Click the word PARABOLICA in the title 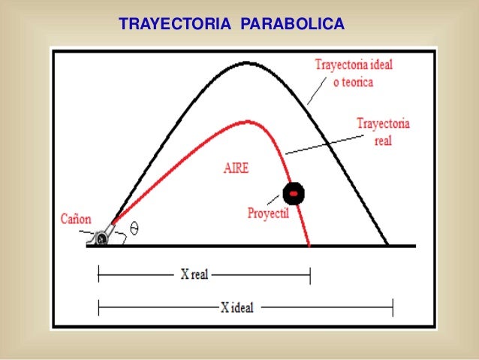[x=292, y=25]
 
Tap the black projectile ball [x=294, y=192]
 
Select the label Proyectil [x=269, y=213]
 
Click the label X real [x=194, y=275]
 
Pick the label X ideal [x=237, y=307]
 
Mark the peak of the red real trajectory [x=245, y=120]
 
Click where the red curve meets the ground [x=309, y=245]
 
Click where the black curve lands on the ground [x=388, y=245]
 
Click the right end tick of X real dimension [x=309, y=276]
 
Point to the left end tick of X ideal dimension [x=98, y=307]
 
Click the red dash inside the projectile [x=294, y=193]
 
